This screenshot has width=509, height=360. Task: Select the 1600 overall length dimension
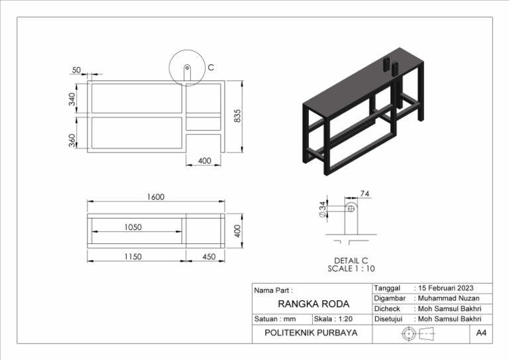coord(156,197)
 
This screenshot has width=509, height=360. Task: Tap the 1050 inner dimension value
coord(133,227)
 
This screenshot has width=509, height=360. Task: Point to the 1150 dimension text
coord(133,257)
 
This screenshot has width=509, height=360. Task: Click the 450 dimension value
coord(209,257)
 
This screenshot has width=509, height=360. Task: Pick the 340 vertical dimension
coord(72,99)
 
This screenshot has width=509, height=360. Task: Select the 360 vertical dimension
coord(72,141)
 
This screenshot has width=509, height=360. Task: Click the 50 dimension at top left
coord(76,70)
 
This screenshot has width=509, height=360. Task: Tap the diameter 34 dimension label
coord(323,209)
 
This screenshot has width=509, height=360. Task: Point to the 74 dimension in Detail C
coord(365,194)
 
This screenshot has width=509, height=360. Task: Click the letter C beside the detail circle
coord(211,68)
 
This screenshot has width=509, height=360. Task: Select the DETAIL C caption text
coord(351,261)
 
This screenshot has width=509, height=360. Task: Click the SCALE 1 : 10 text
coord(351,269)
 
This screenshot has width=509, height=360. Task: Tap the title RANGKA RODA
coord(313,304)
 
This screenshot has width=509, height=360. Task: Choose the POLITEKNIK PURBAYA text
coord(310,333)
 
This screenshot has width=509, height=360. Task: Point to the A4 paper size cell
coord(481,333)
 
